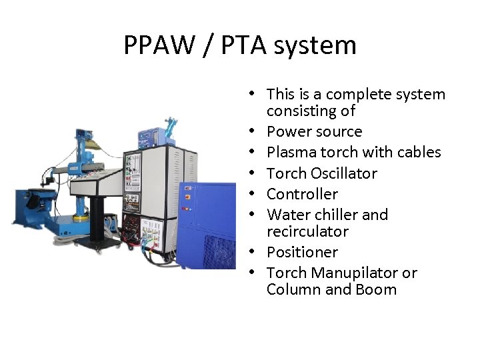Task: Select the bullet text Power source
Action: pyautogui.click(x=314, y=131)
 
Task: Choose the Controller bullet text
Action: pyautogui.click(x=302, y=194)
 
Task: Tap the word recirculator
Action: pyautogui.click(x=307, y=231)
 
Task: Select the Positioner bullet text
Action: pyautogui.click(x=302, y=252)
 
